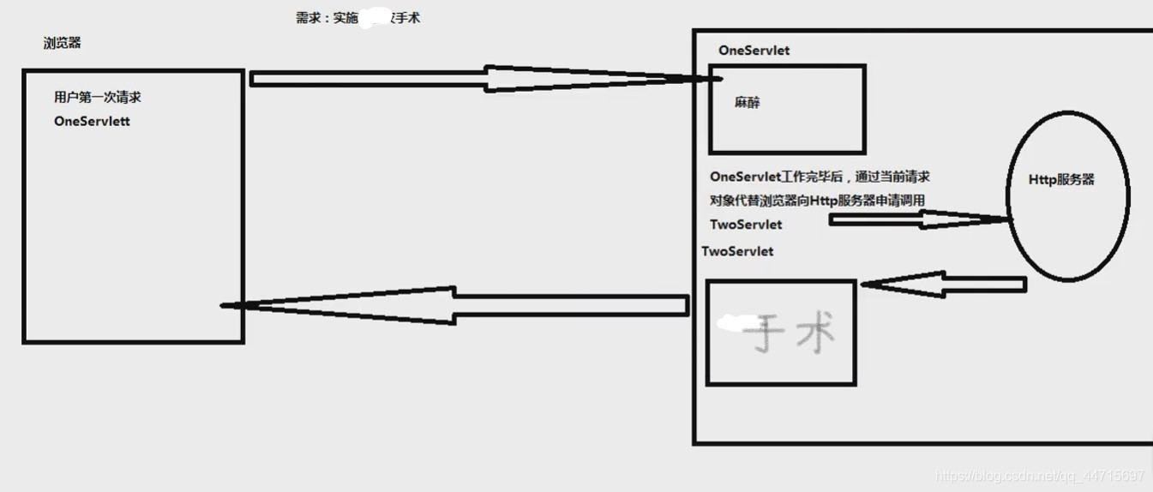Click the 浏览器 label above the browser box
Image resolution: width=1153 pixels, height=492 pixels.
point(62,43)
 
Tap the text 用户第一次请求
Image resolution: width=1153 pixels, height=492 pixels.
point(97,97)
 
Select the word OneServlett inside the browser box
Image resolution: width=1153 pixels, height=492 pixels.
point(92,121)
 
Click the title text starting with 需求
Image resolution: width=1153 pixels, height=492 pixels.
point(357,18)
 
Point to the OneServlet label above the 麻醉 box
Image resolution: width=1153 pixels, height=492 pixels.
point(754,50)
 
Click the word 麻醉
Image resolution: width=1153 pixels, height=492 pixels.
point(747,103)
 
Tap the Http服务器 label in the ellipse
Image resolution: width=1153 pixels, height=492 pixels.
point(1062,180)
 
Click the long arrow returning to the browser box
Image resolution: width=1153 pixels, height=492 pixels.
point(454,304)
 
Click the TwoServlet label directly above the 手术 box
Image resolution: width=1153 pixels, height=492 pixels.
point(737,251)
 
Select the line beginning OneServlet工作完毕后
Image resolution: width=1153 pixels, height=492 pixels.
point(820,177)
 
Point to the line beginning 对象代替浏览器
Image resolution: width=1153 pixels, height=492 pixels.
point(816,201)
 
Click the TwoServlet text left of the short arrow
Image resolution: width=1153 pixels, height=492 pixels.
point(746,225)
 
